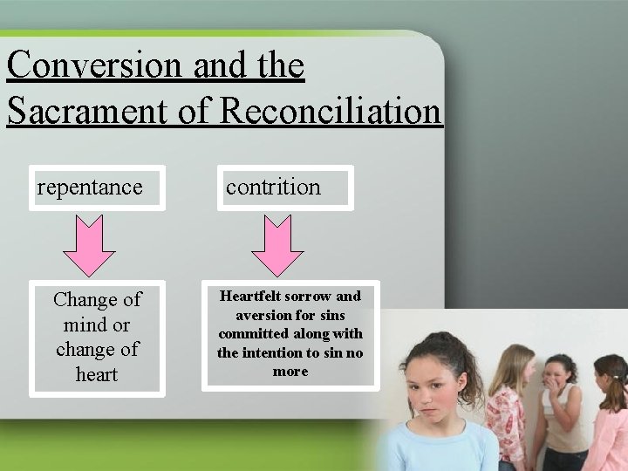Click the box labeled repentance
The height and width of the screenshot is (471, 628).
click(97, 188)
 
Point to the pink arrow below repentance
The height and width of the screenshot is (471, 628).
click(89, 245)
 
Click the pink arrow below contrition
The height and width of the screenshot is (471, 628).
click(276, 245)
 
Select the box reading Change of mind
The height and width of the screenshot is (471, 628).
click(97, 337)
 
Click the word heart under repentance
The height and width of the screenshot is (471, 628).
click(97, 374)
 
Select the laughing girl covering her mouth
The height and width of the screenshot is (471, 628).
click(559, 392)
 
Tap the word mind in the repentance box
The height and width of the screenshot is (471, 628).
click(83, 324)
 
